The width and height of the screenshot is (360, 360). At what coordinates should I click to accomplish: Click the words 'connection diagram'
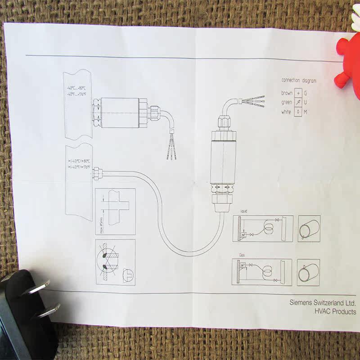click(299, 81)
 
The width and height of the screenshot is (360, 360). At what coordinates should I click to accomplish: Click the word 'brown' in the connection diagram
click(287, 93)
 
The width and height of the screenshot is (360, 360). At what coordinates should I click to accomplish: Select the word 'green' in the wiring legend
click(287, 103)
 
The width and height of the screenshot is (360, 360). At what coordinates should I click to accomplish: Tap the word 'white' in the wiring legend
click(287, 112)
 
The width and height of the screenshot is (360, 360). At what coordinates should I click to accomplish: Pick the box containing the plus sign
click(298, 93)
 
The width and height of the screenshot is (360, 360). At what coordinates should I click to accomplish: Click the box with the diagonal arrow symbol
click(298, 103)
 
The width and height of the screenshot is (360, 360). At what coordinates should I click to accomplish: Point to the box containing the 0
click(298, 112)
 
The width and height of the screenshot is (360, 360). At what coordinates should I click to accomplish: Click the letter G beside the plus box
click(306, 93)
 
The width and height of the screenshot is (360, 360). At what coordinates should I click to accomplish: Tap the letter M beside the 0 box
click(306, 112)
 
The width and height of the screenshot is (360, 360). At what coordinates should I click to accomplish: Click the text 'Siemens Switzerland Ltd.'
click(323, 303)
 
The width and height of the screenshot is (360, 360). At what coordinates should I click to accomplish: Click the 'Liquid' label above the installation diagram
click(244, 211)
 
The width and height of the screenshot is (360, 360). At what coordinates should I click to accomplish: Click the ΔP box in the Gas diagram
click(243, 265)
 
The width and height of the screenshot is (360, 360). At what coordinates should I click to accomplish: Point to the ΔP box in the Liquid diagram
click(244, 235)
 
